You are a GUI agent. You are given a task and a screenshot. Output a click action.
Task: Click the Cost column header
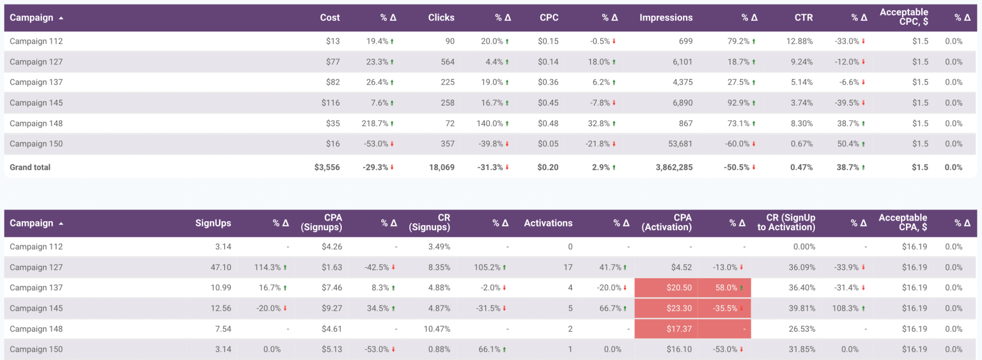coord(330,18)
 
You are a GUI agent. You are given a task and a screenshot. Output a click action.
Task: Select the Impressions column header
coord(666,18)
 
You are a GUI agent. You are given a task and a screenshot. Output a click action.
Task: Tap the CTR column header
coord(804,18)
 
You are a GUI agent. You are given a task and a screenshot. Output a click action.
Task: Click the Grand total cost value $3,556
coord(327,168)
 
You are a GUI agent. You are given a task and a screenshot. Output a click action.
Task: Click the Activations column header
coord(548,223)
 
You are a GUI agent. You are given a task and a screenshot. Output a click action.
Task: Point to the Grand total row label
coord(30,168)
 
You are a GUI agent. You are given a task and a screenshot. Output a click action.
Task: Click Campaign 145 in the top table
coord(36,103)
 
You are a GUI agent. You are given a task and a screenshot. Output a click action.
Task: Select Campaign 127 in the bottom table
coord(36,267)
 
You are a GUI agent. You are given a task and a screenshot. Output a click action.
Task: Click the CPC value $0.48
coord(548,123)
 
